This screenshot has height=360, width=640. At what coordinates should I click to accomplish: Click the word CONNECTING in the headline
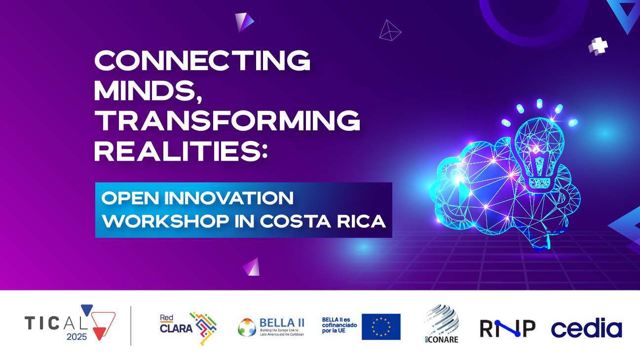click(202, 60)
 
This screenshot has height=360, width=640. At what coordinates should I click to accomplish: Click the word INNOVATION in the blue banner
click(229, 198)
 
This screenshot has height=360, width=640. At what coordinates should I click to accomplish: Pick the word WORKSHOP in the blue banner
click(166, 221)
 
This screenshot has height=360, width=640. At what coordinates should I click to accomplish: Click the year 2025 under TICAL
click(76, 337)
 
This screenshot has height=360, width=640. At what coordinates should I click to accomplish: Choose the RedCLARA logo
click(188, 328)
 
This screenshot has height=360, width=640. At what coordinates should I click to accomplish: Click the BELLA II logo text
click(282, 323)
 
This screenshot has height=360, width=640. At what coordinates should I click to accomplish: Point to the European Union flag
click(381, 326)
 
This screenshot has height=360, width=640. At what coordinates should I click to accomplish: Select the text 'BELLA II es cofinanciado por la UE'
click(339, 325)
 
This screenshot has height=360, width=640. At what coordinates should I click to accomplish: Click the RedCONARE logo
click(442, 324)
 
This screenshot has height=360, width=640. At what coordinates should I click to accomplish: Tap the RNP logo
click(507, 328)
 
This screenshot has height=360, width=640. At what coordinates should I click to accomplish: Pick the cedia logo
click(587, 327)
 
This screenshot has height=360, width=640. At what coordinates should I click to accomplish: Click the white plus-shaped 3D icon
click(598, 46)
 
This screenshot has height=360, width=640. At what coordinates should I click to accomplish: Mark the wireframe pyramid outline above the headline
click(390, 30)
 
